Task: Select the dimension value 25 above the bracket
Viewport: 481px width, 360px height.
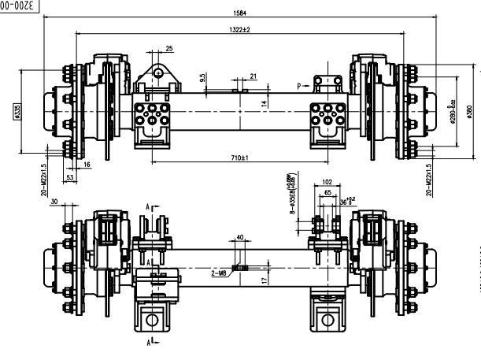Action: coord(169,50)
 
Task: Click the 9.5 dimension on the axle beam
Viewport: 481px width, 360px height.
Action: coord(203,78)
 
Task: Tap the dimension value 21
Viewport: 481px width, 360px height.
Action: coord(253,76)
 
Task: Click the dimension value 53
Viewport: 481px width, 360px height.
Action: coord(70,179)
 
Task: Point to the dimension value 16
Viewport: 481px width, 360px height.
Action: coord(86,164)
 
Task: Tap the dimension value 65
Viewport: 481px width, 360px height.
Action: coord(327,191)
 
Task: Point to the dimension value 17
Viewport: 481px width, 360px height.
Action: coord(265,279)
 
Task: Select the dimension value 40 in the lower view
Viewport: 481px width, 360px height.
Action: coord(239,235)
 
